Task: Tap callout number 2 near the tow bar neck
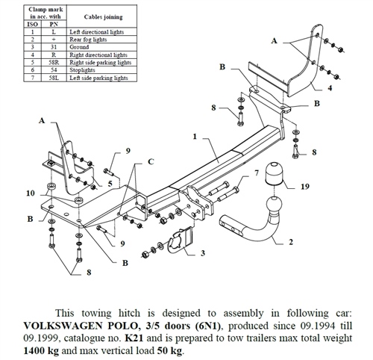[x=290, y=242]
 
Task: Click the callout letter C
[x=150, y=161]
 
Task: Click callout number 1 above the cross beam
[x=194, y=137]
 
